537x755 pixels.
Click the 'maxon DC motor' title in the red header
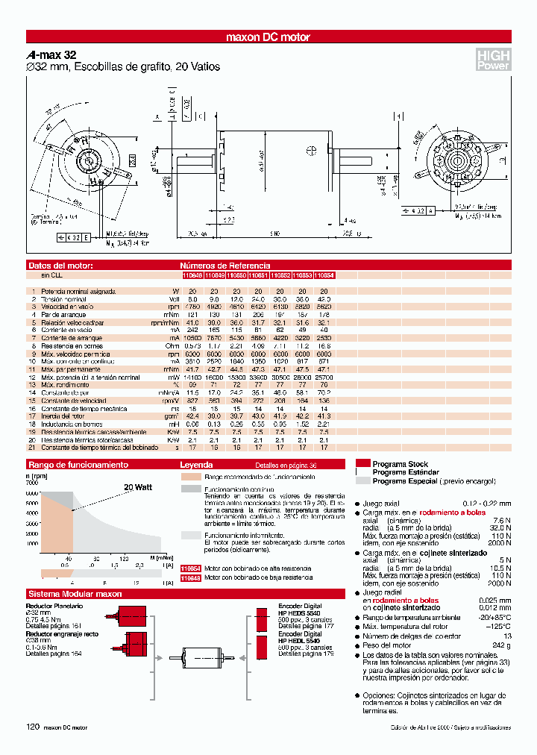pyautogui.click(x=268, y=37)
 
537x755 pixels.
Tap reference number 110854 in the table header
pyautogui.click(x=324, y=275)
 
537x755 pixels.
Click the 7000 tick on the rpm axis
pyautogui.click(x=32, y=483)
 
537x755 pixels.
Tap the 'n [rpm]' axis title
pyautogui.click(x=37, y=475)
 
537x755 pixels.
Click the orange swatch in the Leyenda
pyautogui.click(x=191, y=476)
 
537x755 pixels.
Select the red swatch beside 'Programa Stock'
pyautogui.click(x=363, y=463)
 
